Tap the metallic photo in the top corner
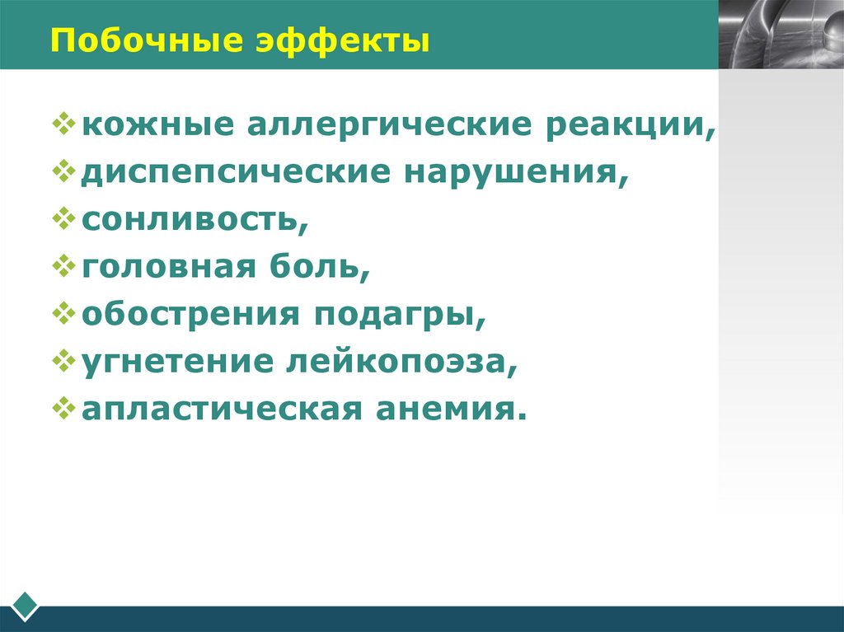click(x=781, y=34)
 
